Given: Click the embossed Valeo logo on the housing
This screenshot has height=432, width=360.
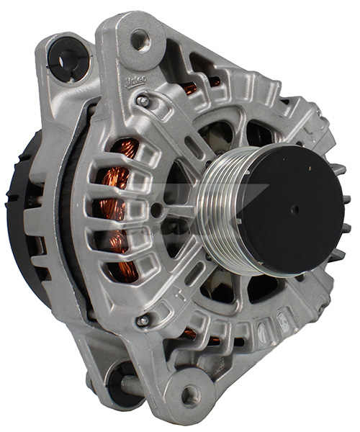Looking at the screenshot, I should point(136,80).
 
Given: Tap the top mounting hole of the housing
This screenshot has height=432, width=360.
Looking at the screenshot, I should point(139,37).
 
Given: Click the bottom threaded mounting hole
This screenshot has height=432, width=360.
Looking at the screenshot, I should point(189,394).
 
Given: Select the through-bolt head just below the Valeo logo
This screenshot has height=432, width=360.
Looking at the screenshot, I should point(144,102).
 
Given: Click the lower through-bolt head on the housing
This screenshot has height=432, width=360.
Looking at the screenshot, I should point(143,320).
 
